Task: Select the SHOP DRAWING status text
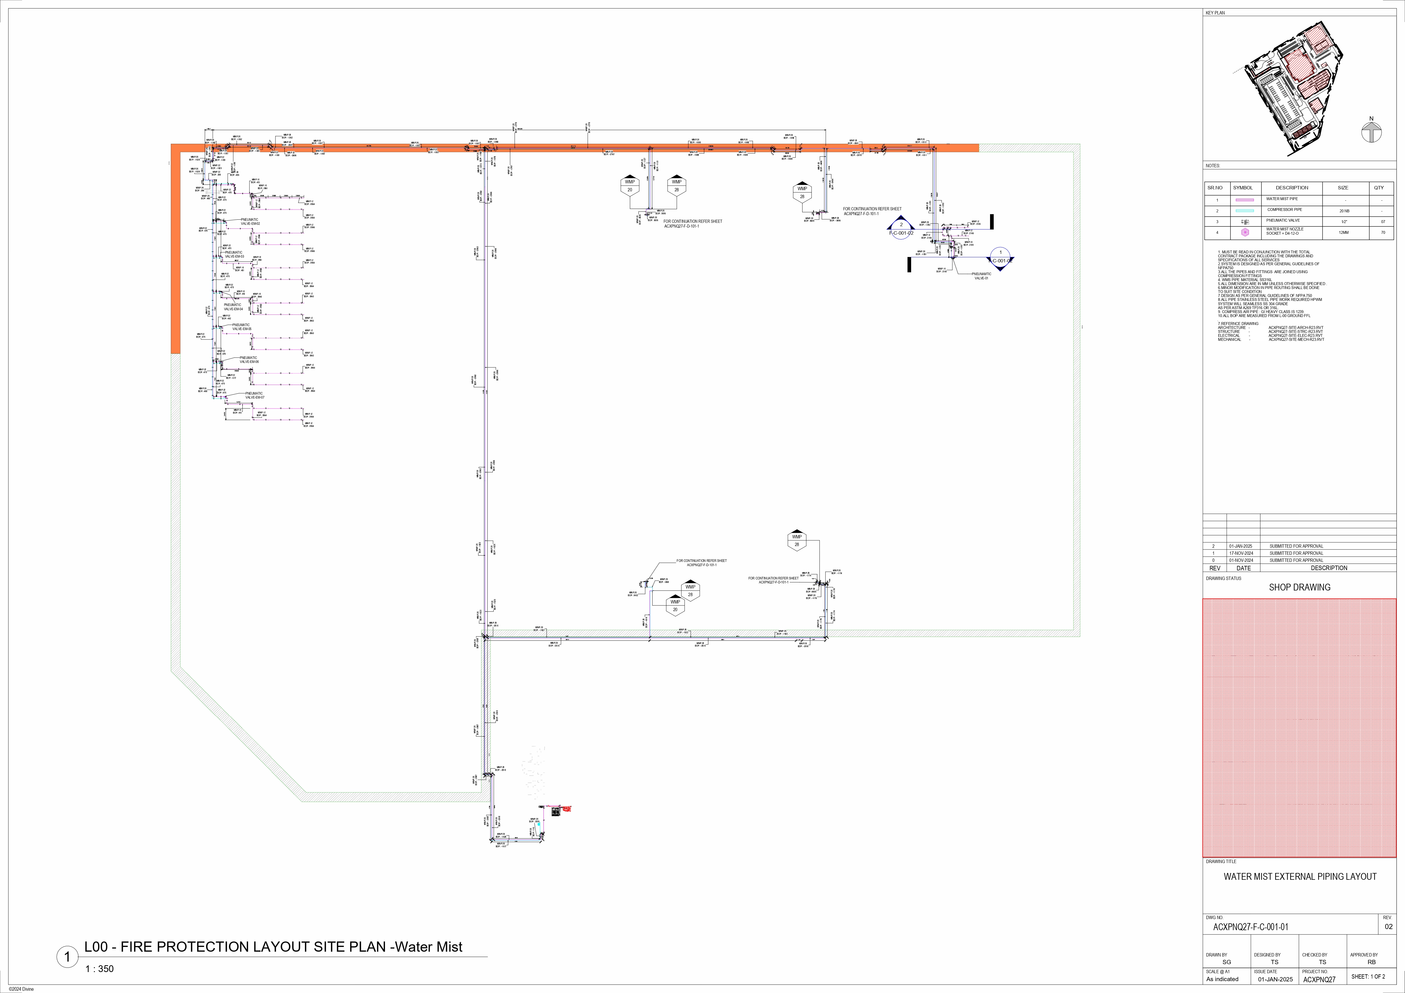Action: (1299, 587)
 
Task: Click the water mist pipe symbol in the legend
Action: (1244, 200)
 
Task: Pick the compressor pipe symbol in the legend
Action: (1244, 211)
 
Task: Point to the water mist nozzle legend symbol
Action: (1244, 233)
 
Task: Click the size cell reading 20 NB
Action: (1344, 211)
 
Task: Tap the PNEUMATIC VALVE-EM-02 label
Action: (250, 222)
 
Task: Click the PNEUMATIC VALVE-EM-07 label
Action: (255, 395)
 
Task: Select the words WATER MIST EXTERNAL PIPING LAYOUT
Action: (1300, 877)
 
